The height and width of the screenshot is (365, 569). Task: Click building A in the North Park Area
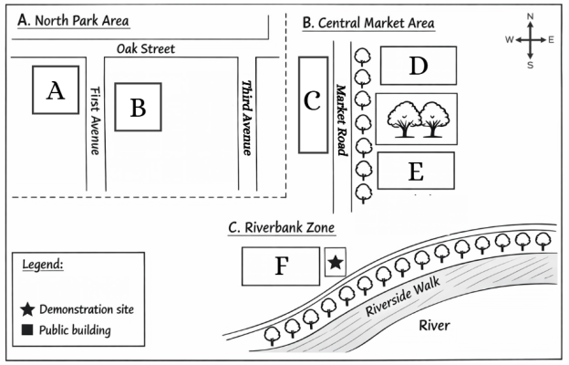[x=56, y=90]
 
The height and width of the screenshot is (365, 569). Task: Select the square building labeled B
[x=139, y=107]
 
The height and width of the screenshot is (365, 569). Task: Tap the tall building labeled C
[x=314, y=105]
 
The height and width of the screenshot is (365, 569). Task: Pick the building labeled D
[x=419, y=66]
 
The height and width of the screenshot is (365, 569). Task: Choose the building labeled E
[x=416, y=171]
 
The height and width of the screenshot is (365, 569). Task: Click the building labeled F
[x=281, y=266]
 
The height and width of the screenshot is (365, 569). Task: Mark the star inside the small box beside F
[x=336, y=262]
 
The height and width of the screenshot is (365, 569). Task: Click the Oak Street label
[x=146, y=48]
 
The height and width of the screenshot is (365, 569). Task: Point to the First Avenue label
[x=95, y=120]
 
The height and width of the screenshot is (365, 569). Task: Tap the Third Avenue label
[x=247, y=118]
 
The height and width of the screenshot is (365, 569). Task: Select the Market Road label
[x=341, y=120]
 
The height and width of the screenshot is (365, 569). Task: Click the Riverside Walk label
[x=402, y=297]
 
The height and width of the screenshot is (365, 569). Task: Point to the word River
[x=434, y=326]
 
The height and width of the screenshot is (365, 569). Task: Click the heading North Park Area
[x=73, y=20]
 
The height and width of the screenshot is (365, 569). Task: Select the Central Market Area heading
[x=368, y=23]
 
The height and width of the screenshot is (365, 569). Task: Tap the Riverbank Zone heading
[x=281, y=228]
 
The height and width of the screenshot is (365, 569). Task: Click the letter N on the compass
[x=530, y=16]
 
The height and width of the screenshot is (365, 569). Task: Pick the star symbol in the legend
[x=27, y=309]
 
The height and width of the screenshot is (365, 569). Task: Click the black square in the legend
[x=27, y=329]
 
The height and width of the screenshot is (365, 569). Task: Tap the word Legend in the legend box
[x=43, y=265]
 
